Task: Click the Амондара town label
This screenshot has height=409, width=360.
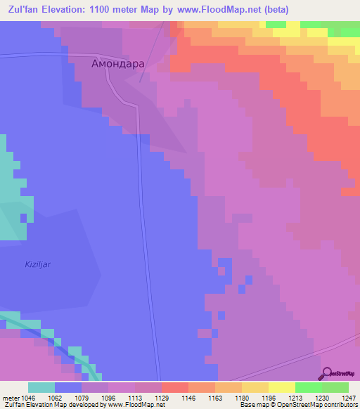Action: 118,63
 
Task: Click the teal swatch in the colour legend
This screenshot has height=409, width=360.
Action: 41,387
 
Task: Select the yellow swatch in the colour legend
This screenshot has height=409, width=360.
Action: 282,387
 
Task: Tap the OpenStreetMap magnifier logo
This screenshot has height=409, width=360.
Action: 327,373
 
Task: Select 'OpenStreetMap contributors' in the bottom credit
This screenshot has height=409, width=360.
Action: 323,405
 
